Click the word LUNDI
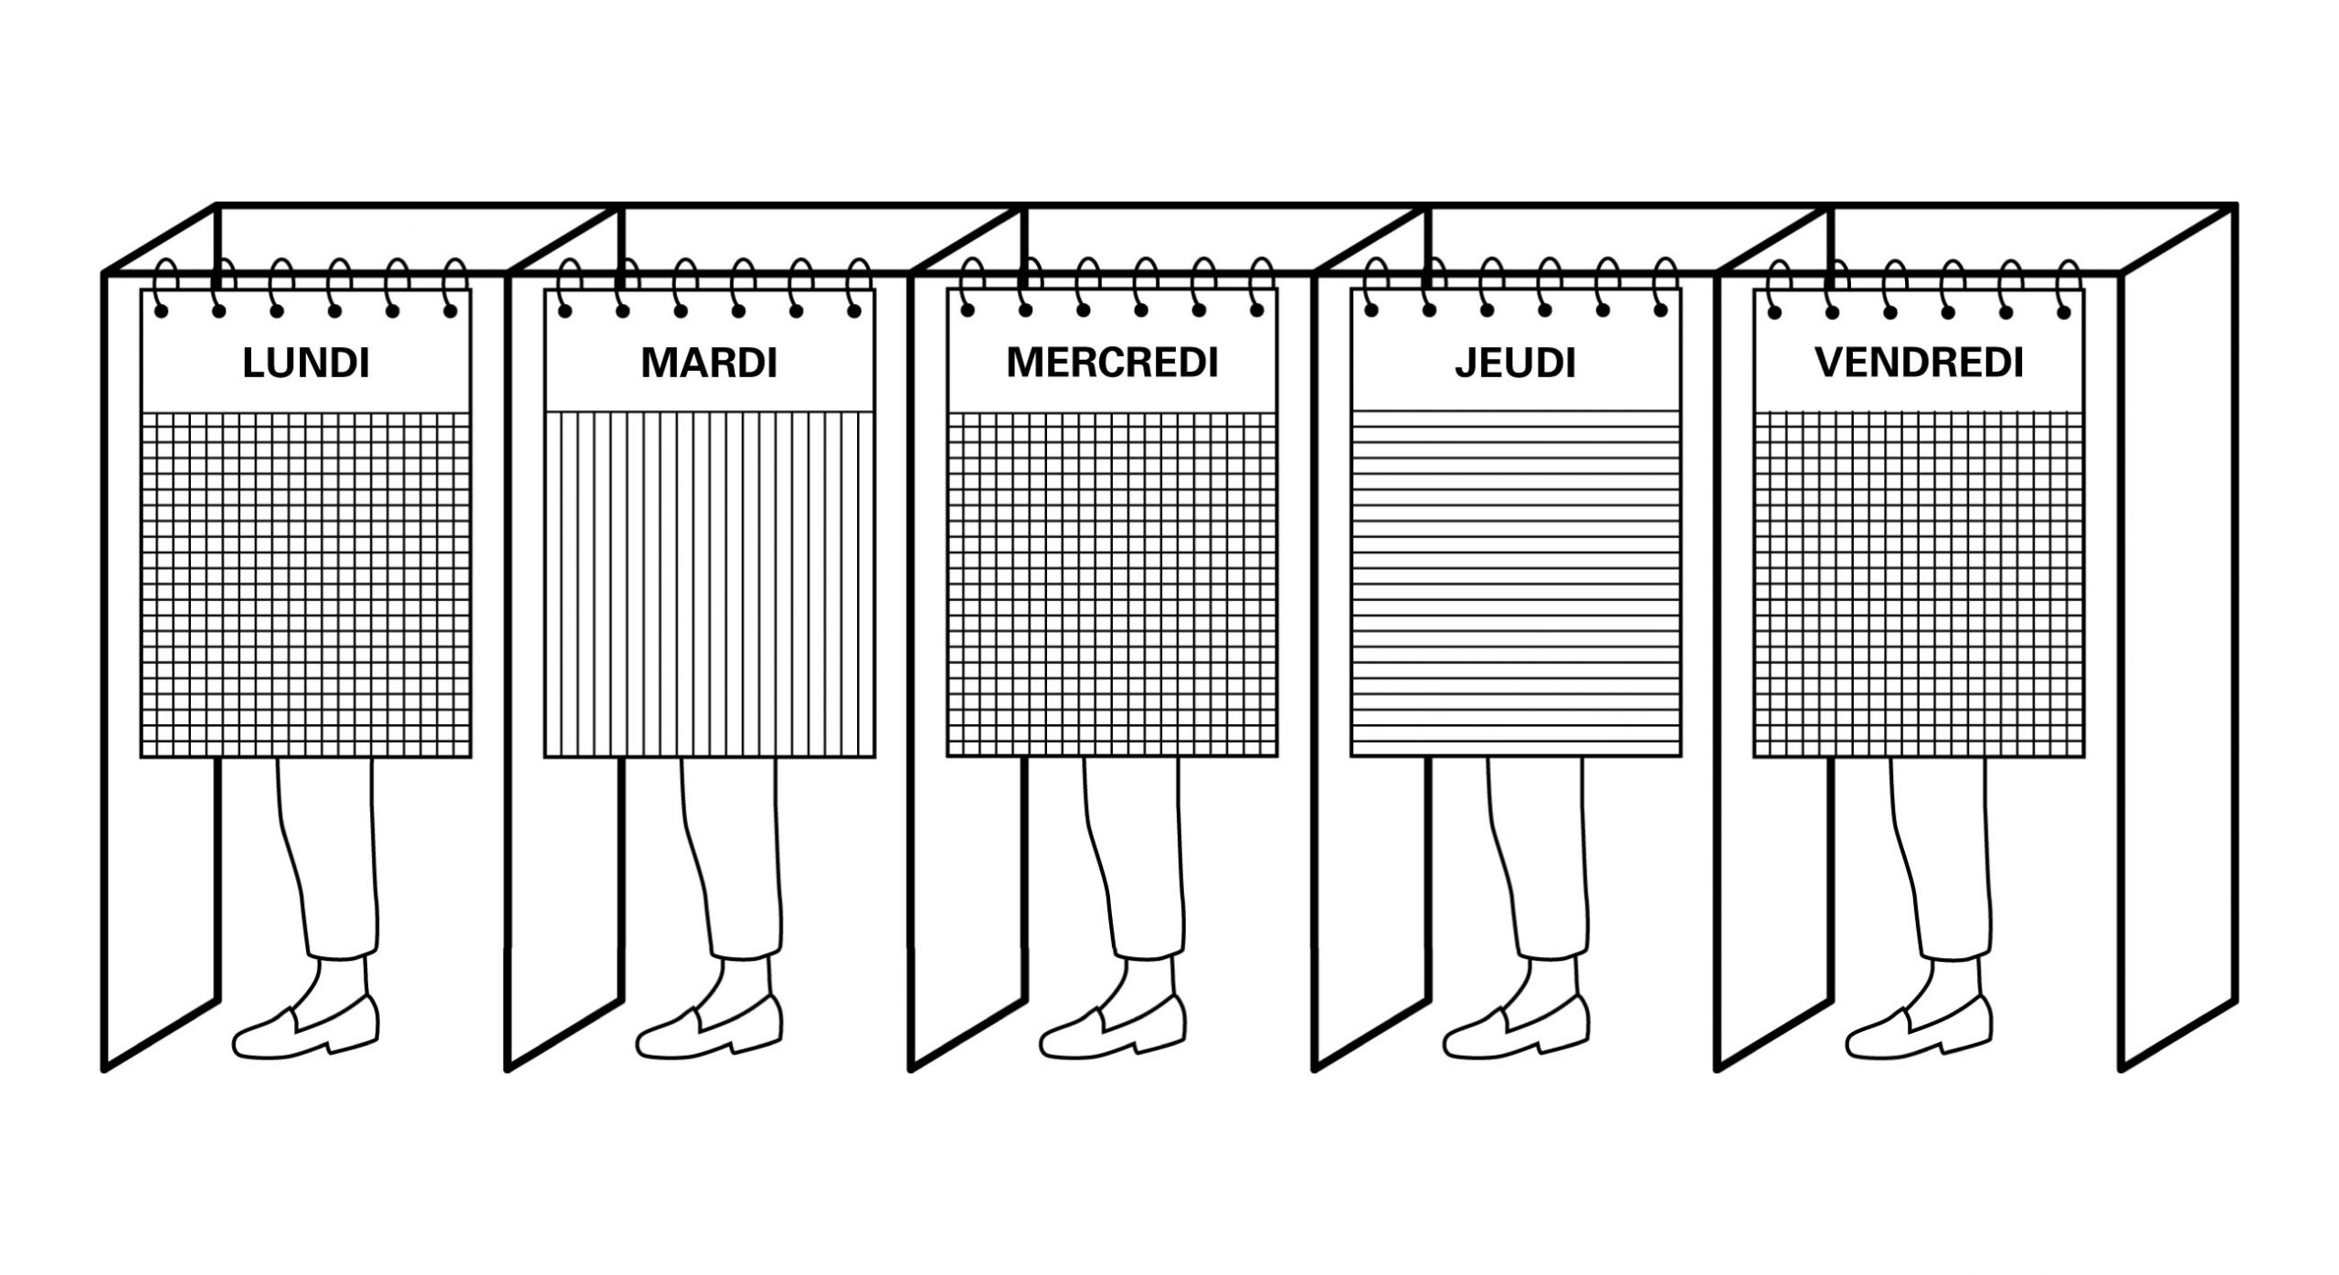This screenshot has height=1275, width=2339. [306, 364]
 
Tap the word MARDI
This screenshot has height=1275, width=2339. [709, 364]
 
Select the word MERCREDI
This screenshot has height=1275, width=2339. [1113, 363]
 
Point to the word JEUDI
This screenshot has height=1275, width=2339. [1516, 364]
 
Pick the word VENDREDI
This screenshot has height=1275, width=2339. [1920, 363]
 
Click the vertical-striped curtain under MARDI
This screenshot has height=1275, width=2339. [709, 585]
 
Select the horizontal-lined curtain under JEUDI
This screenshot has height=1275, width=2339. [1516, 585]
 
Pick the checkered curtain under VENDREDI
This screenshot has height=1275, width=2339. [1920, 585]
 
